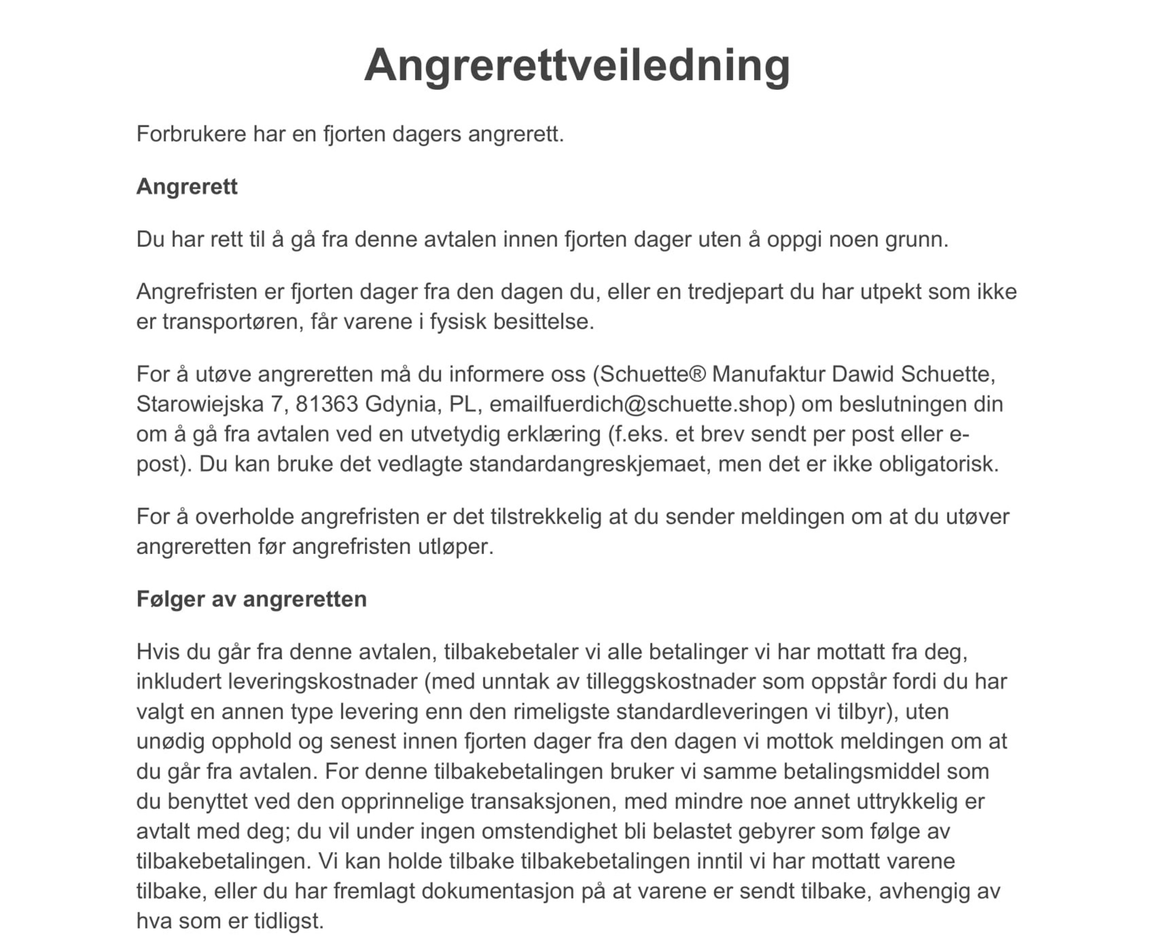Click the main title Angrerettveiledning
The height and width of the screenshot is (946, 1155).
click(577, 65)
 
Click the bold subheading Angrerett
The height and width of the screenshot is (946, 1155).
click(187, 187)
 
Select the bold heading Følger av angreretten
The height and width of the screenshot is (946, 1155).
click(251, 599)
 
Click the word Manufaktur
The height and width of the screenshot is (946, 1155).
click(769, 374)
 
